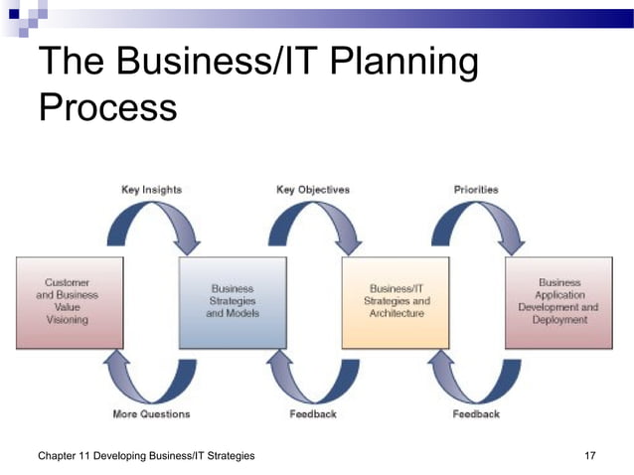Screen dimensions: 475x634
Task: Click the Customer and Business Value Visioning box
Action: tap(70, 301)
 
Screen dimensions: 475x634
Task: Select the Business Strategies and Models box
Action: tap(233, 301)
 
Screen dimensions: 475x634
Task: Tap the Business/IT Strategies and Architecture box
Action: tap(396, 301)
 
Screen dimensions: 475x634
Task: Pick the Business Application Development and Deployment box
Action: tap(558, 301)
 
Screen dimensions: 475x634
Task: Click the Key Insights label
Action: tap(151, 189)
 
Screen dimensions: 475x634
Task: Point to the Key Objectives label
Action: tap(312, 189)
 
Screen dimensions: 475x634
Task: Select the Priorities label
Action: tap(475, 189)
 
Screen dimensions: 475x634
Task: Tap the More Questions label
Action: tap(150, 413)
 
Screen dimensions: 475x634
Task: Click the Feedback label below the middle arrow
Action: tap(313, 413)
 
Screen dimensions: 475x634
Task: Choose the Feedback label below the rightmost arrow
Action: tap(476, 413)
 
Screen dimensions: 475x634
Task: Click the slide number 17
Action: tap(590, 455)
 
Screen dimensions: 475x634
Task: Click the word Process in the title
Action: tap(107, 106)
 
